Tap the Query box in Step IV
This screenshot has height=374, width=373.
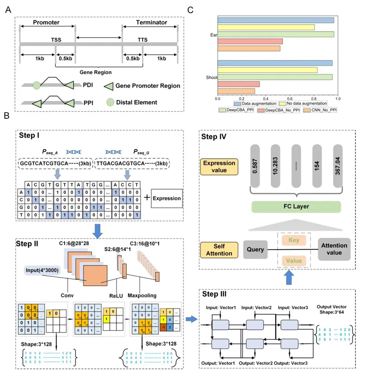click(255, 250)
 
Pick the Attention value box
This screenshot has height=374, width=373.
click(334, 249)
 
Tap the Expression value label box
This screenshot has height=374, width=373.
click(218, 166)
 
